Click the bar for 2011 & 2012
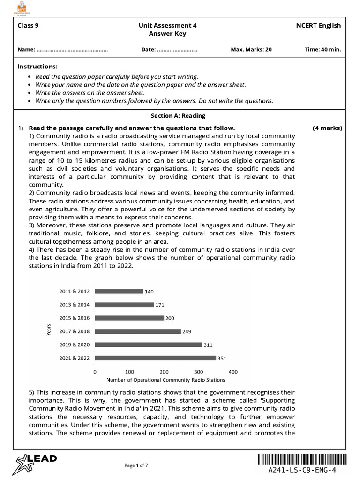click(x=119, y=291)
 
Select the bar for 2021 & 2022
click(x=156, y=358)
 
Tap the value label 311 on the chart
click(x=208, y=345)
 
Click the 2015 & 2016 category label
click(x=75, y=318)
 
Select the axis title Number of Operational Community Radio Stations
click(x=165, y=380)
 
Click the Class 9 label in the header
click(x=28, y=26)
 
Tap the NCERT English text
click(x=318, y=26)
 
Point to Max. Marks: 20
click(x=251, y=49)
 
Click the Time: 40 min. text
click(x=323, y=49)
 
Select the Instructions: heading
click(x=37, y=67)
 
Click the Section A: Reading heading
click(x=178, y=116)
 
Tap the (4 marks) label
click(x=327, y=128)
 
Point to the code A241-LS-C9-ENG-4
click(x=302, y=470)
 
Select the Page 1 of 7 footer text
click(x=136, y=465)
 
